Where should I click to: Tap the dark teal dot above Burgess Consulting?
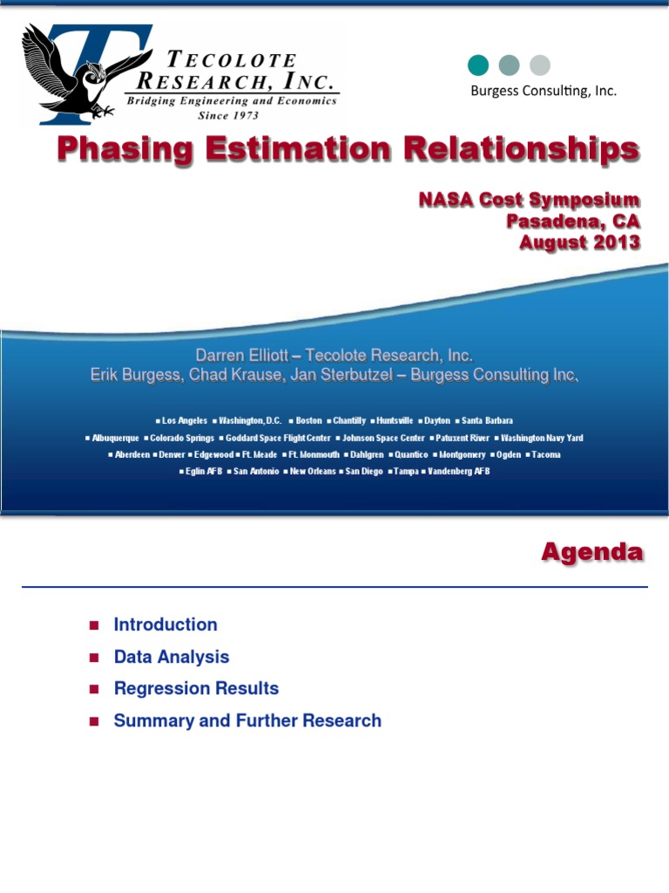[x=478, y=65]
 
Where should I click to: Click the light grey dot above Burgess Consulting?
[x=540, y=65]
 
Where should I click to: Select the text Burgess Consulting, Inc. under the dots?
[x=544, y=91]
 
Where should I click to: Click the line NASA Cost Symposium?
[x=529, y=201]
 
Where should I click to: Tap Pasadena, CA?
[x=573, y=222]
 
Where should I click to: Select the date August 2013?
[x=579, y=242]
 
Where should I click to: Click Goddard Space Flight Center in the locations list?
[x=276, y=438]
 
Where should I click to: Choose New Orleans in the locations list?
[x=311, y=471]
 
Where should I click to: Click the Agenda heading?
[x=592, y=552]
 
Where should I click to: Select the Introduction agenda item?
[x=166, y=624]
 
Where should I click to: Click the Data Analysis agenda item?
[x=172, y=657]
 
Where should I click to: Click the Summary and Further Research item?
[x=247, y=721]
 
